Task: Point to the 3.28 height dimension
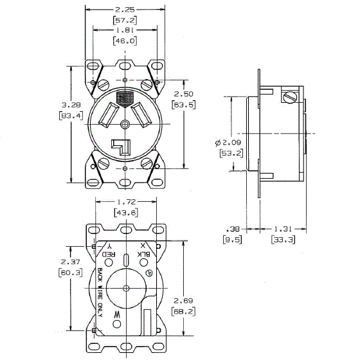pyautogui.click(x=57, y=104)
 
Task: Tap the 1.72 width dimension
pyautogui.click(x=124, y=202)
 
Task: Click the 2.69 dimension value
pyautogui.click(x=184, y=300)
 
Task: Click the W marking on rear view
pyautogui.click(x=116, y=314)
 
